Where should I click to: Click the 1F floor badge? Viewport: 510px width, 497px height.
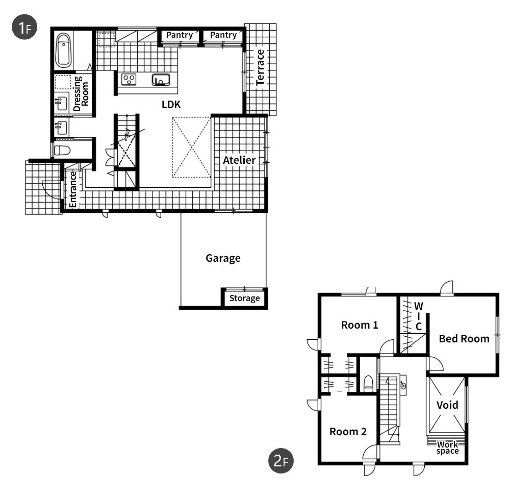click(x=24, y=27)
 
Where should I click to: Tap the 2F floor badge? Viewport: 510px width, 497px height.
click(x=280, y=461)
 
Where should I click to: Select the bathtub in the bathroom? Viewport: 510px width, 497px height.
click(x=63, y=51)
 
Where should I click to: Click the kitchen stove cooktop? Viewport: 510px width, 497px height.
click(x=129, y=79)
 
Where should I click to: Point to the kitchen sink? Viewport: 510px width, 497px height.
click(x=161, y=80)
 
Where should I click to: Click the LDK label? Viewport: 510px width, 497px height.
click(x=171, y=105)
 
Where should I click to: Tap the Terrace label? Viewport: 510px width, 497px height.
click(x=260, y=67)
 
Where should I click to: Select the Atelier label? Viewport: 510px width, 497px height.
click(x=239, y=160)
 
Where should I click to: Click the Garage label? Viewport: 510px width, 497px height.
click(x=223, y=258)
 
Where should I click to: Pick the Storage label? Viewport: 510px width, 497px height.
click(x=245, y=298)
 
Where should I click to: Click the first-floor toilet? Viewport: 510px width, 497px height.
click(x=62, y=150)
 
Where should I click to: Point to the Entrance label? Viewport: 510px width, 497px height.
click(x=73, y=189)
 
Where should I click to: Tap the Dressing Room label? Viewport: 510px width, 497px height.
click(x=81, y=94)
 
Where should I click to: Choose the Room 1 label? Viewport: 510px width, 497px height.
click(x=360, y=325)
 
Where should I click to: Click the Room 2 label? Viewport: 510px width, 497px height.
click(x=348, y=432)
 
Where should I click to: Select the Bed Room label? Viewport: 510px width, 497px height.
click(x=464, y=339)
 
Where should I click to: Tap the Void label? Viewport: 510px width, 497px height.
click(x=447, y=405)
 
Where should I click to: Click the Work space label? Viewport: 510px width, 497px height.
click(x=448, y=448)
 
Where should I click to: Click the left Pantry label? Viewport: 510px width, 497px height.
click(x=180, y=35)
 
